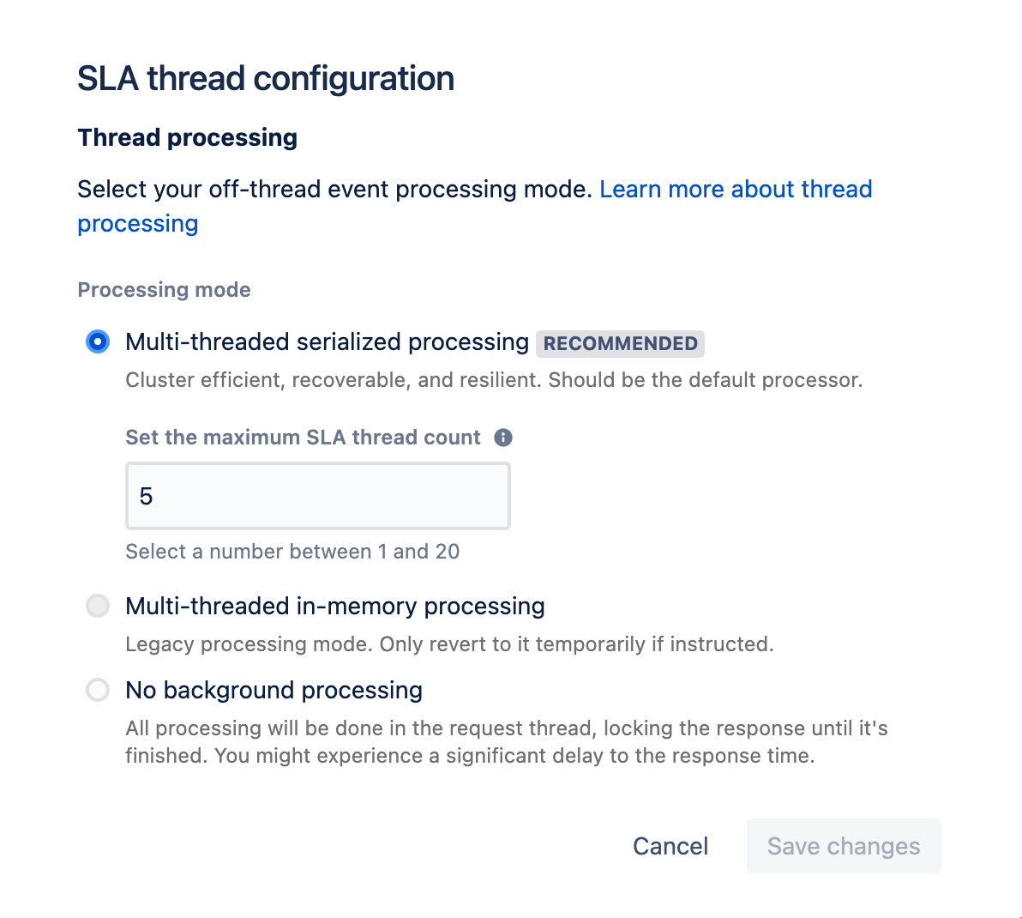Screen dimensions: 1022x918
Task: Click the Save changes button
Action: point(844,846)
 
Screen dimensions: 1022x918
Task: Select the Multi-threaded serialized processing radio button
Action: point(98,341)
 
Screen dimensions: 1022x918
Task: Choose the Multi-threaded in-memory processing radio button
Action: point(98,606)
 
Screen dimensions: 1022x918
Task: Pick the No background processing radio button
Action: point(98,690)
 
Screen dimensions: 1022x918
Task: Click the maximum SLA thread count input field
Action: point(318,496)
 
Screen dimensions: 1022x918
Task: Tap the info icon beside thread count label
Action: point(503,438)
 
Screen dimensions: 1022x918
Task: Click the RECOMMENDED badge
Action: point(621,343)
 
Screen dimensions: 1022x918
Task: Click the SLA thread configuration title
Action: point(266,79)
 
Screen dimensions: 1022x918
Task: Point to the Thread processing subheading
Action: point(188,137)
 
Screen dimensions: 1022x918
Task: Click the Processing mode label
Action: point(165,289)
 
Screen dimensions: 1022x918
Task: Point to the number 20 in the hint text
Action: point(448,552)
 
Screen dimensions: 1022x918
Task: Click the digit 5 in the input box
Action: point(146,496)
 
